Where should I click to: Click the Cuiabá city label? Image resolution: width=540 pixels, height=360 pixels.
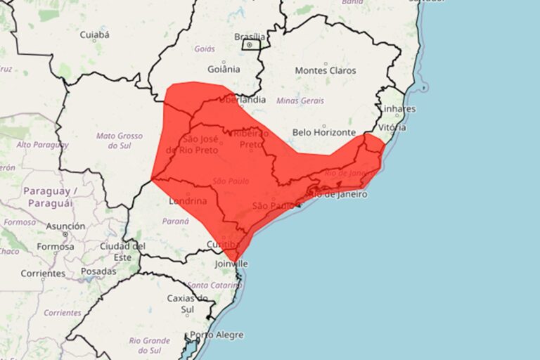94,34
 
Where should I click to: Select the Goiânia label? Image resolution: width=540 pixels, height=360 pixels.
224,69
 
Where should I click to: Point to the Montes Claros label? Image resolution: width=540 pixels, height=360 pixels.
326,70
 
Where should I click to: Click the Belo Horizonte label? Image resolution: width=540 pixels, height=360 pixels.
324,131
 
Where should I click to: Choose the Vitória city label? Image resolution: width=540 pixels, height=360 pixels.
392,128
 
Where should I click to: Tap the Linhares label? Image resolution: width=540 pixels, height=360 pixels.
397,109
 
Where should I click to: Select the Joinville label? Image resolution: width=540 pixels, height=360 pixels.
231,264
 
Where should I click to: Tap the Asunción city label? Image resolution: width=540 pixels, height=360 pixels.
66,226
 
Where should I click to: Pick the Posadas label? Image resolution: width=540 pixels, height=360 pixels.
98,271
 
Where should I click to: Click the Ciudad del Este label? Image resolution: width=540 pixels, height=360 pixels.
122,252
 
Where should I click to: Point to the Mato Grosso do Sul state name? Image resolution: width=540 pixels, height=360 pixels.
119,141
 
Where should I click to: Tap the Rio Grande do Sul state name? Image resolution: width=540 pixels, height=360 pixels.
150,345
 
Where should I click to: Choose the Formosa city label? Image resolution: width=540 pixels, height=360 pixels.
55,247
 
